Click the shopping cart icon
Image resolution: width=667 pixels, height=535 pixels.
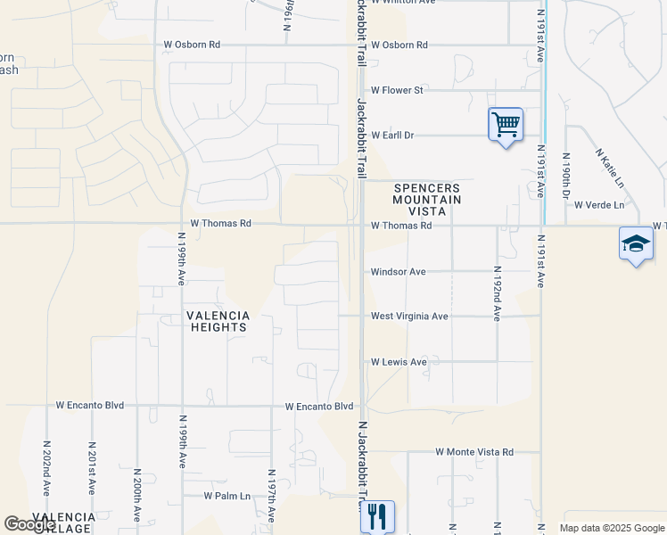(x=506, y=124)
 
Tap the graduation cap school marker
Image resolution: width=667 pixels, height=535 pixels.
(x=635, y=243)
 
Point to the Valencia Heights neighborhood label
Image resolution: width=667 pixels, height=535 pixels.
(x=218, y=321)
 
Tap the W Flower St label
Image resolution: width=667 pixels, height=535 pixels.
(x=397, y=90)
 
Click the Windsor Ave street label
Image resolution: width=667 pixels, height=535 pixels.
(x=399, y=271)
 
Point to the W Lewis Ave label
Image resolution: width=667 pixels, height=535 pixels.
(x=399, y=362)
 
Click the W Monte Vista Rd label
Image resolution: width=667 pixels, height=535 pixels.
(x=474, y=452)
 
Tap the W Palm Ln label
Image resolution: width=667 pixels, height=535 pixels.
(x=226, y=496)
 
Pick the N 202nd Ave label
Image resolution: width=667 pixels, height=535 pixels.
(x=46, y=467)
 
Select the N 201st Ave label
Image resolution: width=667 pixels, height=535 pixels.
(x=91, y=467)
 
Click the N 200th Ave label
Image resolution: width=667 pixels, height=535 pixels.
(x=136, y=495)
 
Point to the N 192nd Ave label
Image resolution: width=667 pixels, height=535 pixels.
(x=497, y=293)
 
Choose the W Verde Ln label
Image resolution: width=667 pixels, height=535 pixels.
(x=599, y=204)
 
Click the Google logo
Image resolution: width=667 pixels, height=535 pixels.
(x=29, y=524)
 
